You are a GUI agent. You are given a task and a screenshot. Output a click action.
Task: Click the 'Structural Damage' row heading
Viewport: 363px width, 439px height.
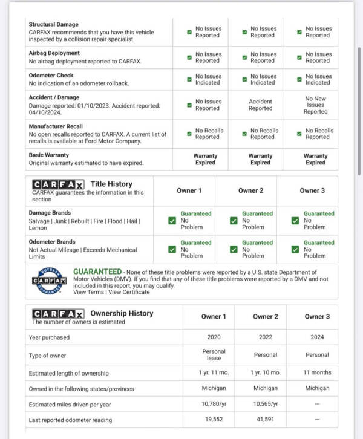point(53,25)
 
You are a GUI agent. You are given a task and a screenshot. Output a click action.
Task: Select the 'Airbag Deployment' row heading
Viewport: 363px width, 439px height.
point(53,53)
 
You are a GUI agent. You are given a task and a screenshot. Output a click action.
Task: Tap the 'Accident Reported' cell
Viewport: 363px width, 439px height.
point(260,105)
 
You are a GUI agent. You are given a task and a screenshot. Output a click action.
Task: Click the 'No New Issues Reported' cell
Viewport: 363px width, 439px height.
point(315,105)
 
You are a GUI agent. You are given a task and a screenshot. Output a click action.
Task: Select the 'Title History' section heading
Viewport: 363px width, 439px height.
point(111,184)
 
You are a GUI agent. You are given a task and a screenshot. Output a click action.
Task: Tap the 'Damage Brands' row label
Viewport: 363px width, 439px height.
point(50,213)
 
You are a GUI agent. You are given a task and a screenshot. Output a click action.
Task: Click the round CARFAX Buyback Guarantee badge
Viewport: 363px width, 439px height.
point(48,281)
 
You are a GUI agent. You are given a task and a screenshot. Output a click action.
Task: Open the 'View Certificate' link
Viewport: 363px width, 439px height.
point(129,292)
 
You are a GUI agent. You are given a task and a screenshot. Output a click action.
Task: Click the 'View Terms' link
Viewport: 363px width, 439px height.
point(88,292)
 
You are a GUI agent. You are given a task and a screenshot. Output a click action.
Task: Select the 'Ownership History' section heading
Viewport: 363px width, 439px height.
point(122,313)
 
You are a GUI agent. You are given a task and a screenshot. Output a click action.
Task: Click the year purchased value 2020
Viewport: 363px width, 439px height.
point(214,337)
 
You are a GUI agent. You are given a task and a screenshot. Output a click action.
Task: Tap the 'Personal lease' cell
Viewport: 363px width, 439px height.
point(214,355)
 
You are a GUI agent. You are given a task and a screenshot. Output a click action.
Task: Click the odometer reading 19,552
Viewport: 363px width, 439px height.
point(214,420)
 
